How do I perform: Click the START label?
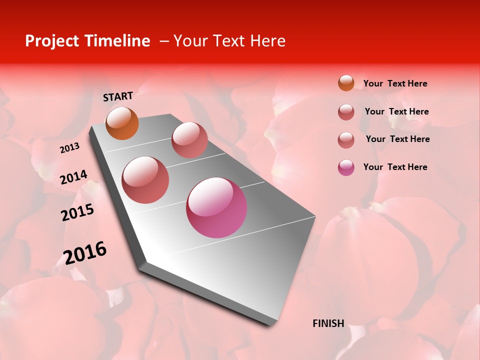click(118, 96)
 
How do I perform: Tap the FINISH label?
click(328, 323)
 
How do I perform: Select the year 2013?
click(69, 148)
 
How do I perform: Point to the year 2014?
click(73, 177)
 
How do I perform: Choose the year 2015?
click(77, 212)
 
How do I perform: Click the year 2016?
click(85, 253)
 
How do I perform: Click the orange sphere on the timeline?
click(122, 123)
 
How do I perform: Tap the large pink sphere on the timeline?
click(216, 207)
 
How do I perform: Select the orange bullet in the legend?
click(346, 83)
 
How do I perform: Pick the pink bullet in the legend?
click(346, 167)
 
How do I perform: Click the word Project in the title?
click(52, 41)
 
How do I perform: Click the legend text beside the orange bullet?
click(395, 83)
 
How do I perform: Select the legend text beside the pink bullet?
click(395, 167)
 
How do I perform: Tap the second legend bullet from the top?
click(346, 112)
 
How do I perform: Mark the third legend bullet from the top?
click(346, 140)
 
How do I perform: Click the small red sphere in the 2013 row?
click(189, 139)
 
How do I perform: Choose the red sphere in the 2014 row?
click(145, 180)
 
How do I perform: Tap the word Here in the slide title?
click(267, 41)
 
